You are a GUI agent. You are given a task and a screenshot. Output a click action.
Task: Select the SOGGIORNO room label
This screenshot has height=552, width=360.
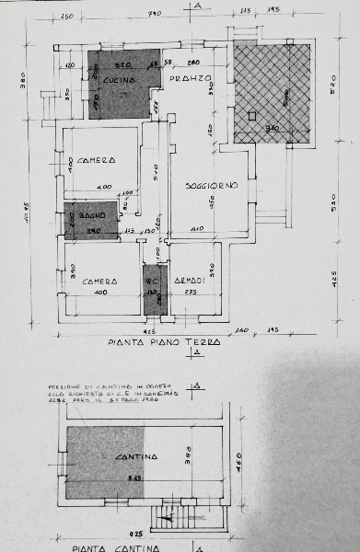pyautogui.click(x=211, y=186)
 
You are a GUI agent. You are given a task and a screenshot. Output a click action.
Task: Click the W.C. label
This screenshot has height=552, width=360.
pyautogui.click(x=152, y=282)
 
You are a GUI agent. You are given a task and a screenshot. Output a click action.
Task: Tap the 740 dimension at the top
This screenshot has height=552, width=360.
pyautogui.click(x=154, y=14)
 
